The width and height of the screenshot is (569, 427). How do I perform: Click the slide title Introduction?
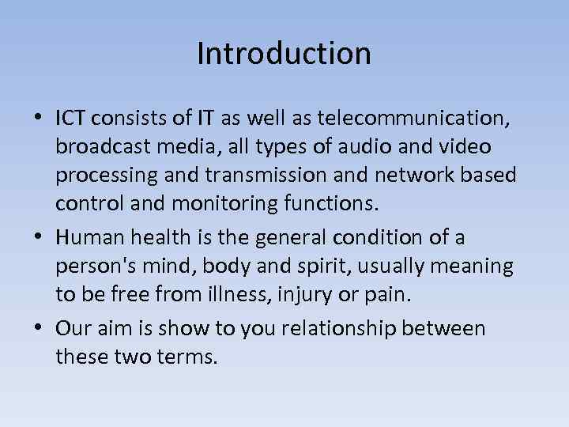click(284, 54)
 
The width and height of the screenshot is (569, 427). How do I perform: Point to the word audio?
click(381, 146)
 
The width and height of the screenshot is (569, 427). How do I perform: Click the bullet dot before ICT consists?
click(39, 119)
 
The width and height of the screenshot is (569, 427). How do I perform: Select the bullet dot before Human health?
click(39, 238)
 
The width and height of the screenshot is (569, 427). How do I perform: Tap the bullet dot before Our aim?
click(39, 329)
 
